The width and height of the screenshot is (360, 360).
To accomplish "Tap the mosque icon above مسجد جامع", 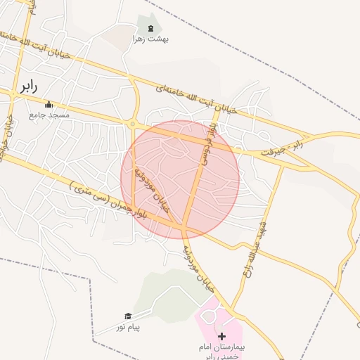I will point(49,104).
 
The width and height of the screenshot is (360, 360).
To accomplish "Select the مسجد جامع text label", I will point(49,114).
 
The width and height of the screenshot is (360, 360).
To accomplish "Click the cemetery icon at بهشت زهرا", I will point(150,28).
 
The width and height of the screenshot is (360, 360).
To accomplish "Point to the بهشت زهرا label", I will point(150,39).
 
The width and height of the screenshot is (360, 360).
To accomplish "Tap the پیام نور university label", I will point(129,327).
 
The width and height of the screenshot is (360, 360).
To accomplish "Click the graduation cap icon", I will point(128,316).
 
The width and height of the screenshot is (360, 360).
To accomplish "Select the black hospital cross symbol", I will point(222,337).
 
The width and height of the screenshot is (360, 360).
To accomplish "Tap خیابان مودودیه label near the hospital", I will point(198,268).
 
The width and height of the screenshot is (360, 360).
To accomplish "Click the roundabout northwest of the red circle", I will point(132,124).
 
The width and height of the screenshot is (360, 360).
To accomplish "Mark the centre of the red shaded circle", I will point(180,179).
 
